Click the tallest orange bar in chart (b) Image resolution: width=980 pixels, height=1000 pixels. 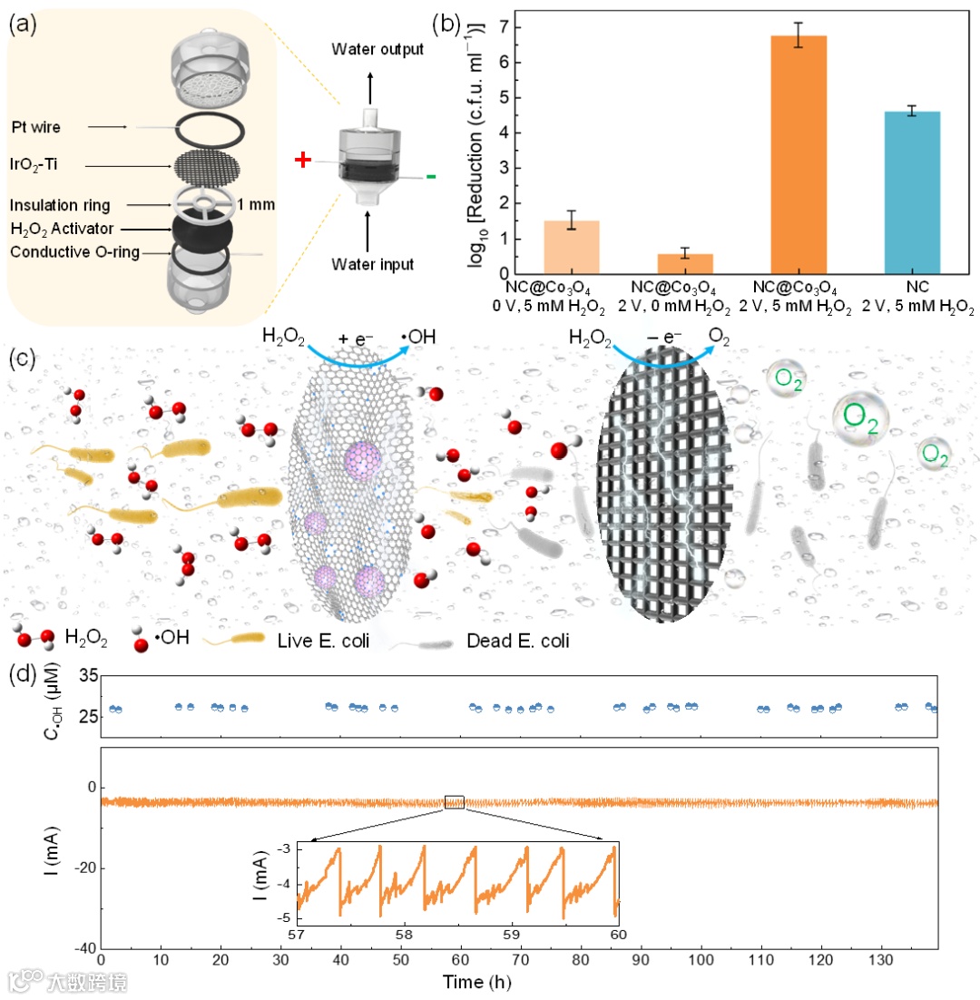pos(799,154)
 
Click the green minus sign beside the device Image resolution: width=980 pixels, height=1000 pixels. pos(430,175)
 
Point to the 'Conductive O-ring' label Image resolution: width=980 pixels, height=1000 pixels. pos(75,252)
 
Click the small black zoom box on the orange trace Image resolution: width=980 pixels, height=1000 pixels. pos(455,801)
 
